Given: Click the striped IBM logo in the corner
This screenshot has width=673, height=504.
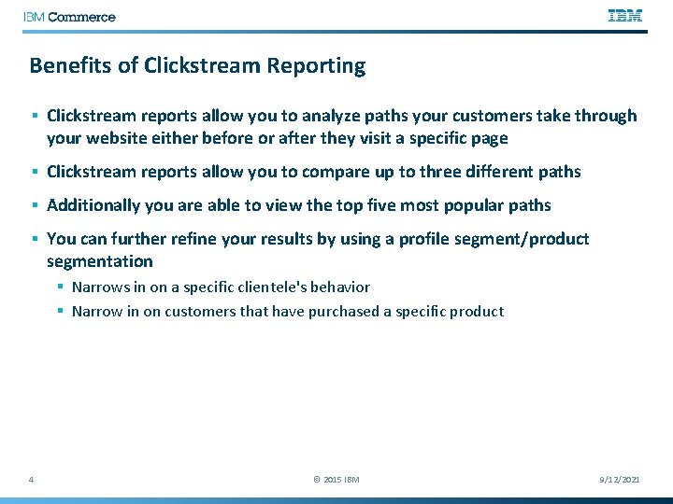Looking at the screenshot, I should pyautogui.click(x=625, y=16).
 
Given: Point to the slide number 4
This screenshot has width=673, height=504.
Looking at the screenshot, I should pyautogui.click(x=32, y=480).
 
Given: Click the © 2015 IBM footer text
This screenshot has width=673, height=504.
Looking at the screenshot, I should pyautogui.click(x=336, y=480).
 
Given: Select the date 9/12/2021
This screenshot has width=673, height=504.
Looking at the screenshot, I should pyautogui.click(x=619, y=480).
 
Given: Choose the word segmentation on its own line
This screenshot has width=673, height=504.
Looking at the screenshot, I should pyautogui.click(x=99, y=261).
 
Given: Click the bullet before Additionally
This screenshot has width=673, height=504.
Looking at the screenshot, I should pyautogui.click(x=34, y=205).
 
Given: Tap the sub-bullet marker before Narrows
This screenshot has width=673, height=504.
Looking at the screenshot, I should pyautogui.click(x=59, y=287).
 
